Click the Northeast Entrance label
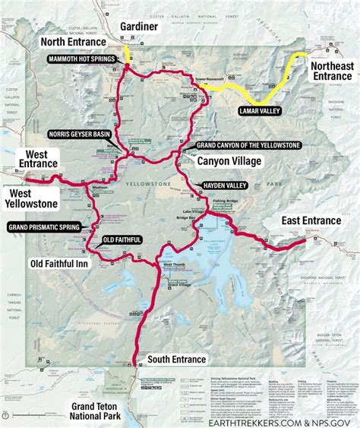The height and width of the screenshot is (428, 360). [x=332, y=71]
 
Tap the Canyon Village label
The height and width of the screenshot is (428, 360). [x=229, y=161]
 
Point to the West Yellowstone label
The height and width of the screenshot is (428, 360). [x=31, y=198]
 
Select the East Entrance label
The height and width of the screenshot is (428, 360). [x=311, y=220]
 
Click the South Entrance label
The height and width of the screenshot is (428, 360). [x=177, y=359]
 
